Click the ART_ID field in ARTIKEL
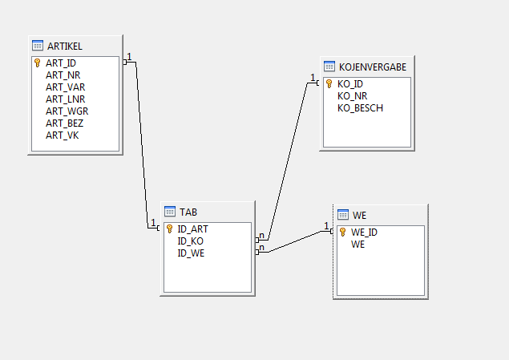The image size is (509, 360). coord(60,63)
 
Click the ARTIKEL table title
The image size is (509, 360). coord(64,45)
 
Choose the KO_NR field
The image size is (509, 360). coord(353,95)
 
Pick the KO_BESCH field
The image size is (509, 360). coord(360,107)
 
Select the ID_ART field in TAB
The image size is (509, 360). coord(193,229)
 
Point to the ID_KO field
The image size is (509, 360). coord(192,241)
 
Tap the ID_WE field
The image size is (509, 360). coord(192,253)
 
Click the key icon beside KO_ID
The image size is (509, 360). coord(329,83)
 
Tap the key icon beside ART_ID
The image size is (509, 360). coord(37,63)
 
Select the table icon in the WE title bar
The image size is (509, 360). coord(343,215)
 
